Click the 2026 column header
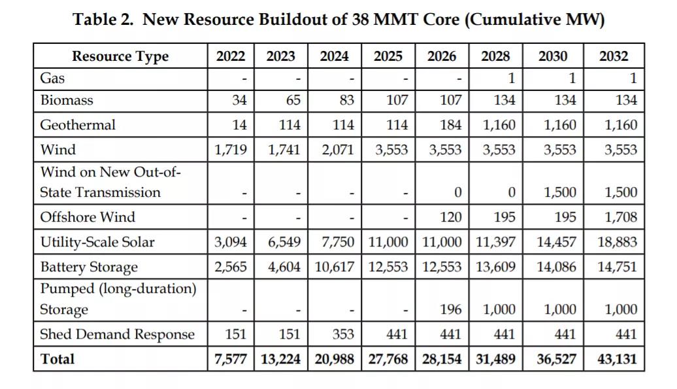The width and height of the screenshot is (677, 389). (442, 56)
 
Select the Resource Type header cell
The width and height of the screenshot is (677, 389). (120, 56)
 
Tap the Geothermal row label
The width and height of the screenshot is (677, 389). (78, 125)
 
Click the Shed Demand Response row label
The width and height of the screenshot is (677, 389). (118, 334)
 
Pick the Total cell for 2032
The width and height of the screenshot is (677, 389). (617, 359)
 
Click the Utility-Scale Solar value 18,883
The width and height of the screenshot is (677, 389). (617, 242)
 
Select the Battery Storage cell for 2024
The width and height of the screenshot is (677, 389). (334, 267)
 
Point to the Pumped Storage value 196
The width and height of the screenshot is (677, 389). (450, 309)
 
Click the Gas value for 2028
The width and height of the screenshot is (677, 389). (511, 78)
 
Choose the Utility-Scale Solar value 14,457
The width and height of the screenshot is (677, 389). (556, 242)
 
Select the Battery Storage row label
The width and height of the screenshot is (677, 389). (89, 267)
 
